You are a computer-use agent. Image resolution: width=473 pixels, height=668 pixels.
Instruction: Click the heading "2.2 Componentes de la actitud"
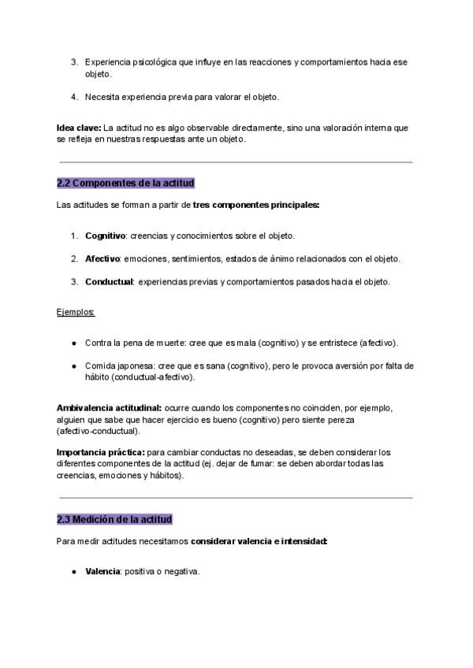click(x=125, y=184)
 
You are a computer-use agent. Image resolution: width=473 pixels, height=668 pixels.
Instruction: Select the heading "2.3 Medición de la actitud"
click(x=114, y=519)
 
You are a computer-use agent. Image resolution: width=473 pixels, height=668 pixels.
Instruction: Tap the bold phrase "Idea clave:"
click(x=79, y=128)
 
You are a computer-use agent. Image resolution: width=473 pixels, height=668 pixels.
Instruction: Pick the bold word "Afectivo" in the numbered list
click(x=102, y=258)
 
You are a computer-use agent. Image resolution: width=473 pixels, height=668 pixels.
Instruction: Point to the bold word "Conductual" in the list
click(x=109, y=281)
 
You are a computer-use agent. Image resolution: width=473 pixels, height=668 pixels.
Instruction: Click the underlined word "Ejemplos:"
click(x=76, y=312)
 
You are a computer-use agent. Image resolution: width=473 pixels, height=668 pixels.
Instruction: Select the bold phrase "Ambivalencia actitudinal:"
click(x=109, y=408)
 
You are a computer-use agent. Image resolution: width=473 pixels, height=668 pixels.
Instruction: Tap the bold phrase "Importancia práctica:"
click(x=101, y=452)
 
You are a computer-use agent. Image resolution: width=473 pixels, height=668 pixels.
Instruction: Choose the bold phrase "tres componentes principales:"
click(x=255, y=205)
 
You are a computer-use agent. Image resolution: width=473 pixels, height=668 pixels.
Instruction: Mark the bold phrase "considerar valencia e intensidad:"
click(x=259, y=541)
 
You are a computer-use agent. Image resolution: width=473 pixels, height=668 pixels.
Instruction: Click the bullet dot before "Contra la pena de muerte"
click(x=74, y=343)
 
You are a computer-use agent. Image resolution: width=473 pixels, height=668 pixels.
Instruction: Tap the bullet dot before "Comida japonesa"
click(x=74, y=366)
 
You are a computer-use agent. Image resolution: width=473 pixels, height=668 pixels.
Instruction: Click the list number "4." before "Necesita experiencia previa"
click(x=74, y=97)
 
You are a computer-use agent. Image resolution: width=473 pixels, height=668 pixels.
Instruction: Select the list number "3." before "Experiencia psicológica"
click(x=74, y=61)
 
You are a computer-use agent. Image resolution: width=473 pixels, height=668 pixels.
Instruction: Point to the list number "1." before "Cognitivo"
click(x=74, y=236)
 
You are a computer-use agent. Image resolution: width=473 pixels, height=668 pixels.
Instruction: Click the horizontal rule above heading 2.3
click(x=236, y=498)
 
